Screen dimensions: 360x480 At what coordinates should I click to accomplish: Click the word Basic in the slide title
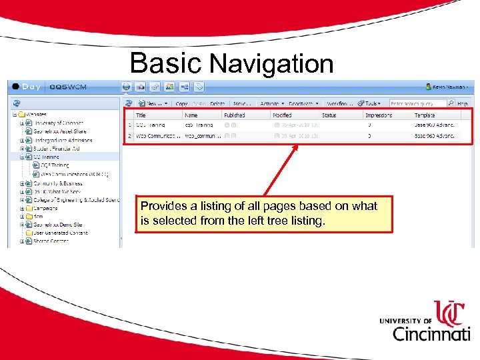[x=165, y=63]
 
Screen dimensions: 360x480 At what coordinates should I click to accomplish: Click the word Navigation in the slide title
[x=271, y=64]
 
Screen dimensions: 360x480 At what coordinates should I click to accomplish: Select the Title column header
[x=141, y=115]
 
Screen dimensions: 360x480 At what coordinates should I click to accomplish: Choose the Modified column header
[x=281, y=115]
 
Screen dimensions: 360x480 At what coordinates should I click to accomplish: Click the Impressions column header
[x=379, y=115]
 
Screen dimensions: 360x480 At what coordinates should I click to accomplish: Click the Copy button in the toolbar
[x=181, y=104]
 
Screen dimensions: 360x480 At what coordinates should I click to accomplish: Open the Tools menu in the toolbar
[x=370, y=104]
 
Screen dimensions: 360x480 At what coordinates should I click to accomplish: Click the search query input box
[x=417, y=104]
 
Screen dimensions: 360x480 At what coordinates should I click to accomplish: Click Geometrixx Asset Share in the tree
[x=60, y=131]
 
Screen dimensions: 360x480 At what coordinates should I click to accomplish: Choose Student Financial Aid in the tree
[x=57, y=149]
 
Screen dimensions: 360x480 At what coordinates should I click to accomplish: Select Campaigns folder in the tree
[x=46, y=208]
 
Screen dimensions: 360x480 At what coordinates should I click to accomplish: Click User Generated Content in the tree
[x=61, y=233]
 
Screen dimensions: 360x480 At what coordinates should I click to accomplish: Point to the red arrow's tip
[x=297, y=144]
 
